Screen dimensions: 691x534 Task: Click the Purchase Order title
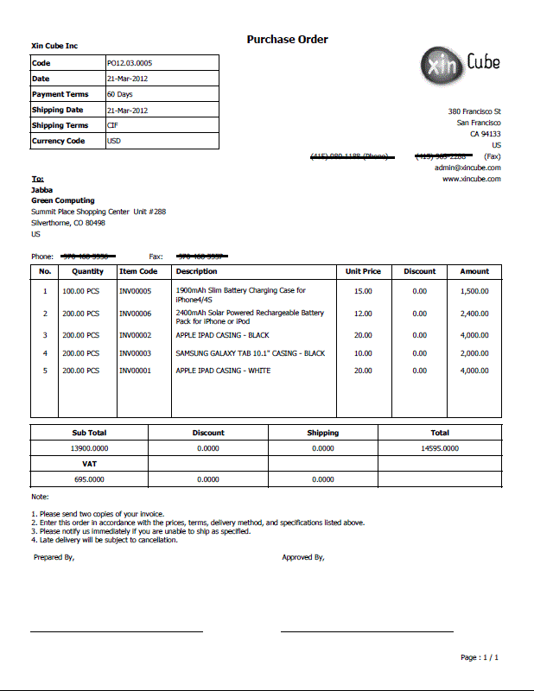click(287, 40)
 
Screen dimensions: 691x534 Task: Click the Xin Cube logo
click(460, 63)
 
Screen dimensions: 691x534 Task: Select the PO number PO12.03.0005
click(129, 63)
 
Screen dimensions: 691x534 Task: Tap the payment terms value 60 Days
click(119, 94)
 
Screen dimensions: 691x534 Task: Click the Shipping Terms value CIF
click(112, 125)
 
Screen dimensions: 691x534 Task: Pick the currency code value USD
click(114, 141)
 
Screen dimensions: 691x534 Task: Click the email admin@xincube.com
click(467, 168)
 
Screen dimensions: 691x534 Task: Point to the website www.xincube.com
click(471, 179)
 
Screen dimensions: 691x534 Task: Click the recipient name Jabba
click(41, 189)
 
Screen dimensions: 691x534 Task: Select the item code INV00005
click(135, 291)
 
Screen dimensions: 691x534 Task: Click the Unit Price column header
click(363, 271)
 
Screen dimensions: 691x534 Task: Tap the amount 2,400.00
click(474, 314)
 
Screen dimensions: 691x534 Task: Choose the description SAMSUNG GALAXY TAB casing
click(250, 353)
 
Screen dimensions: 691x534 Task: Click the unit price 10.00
click(363, 353)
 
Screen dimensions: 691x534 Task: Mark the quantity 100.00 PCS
click(80, 291)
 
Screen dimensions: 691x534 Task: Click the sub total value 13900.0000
click(89, 448)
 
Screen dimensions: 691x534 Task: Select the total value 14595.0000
click(439, 448)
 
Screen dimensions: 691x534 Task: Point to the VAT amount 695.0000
click(89, 479)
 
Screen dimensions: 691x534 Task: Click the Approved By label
click(302, 557)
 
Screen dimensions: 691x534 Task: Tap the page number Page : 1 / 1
click(479, 657)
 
